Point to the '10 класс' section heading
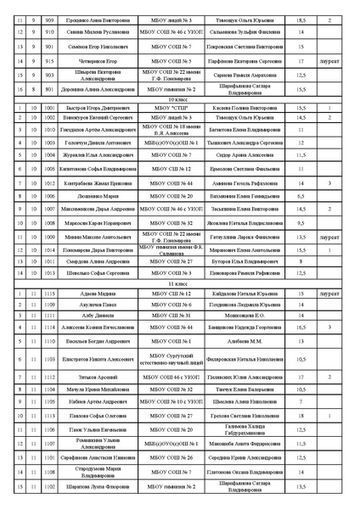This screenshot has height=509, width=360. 179,99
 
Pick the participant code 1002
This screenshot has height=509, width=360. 48,119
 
